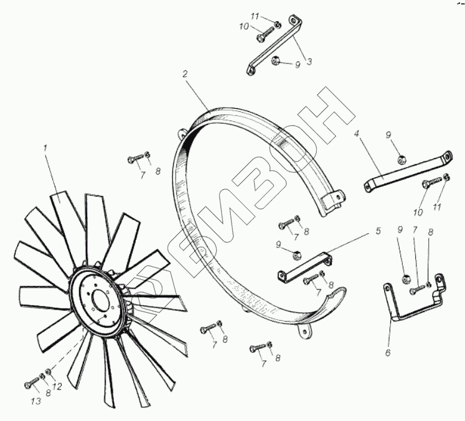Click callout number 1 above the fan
point(45,148)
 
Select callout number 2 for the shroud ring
point(185,74)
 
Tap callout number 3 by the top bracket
point(309,62)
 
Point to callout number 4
point(357,134)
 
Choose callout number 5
point(378,231)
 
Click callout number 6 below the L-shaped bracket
point(388,353)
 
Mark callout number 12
point(57,386)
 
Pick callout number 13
point(35,401)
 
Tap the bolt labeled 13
point(32,382)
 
